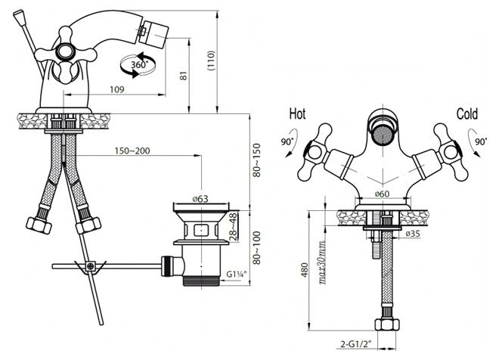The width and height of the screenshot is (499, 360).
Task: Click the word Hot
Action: click(297, 114)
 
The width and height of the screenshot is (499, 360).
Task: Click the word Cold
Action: click(466, 114)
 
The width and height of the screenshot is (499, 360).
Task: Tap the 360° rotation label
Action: click(139, 64)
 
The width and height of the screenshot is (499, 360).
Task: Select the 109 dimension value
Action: click(116, 89)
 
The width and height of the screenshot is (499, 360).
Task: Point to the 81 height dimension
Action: click(184, 76)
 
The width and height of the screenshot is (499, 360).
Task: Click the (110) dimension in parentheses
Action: click(211, 61)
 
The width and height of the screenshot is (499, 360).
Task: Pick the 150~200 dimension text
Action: click(132, 151)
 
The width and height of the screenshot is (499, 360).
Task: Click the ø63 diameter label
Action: click(200, 199)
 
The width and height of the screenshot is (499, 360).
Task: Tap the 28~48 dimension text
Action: click(234, 226)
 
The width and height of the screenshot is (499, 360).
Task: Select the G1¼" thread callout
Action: click(237, 274)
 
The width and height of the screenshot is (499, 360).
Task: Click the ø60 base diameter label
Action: click(382, 194)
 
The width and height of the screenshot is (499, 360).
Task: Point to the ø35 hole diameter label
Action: click(413, 234)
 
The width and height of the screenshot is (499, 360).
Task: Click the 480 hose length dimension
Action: click(305, 269)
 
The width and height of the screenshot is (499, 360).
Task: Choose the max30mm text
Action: click(322, 262)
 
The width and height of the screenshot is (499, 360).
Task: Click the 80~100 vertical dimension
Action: click(256, 247)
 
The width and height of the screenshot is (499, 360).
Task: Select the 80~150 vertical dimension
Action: click(256, 160)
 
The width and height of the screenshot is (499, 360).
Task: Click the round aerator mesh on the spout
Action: click(383, 135)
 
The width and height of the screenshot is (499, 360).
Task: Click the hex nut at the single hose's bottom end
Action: click(386, 324)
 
